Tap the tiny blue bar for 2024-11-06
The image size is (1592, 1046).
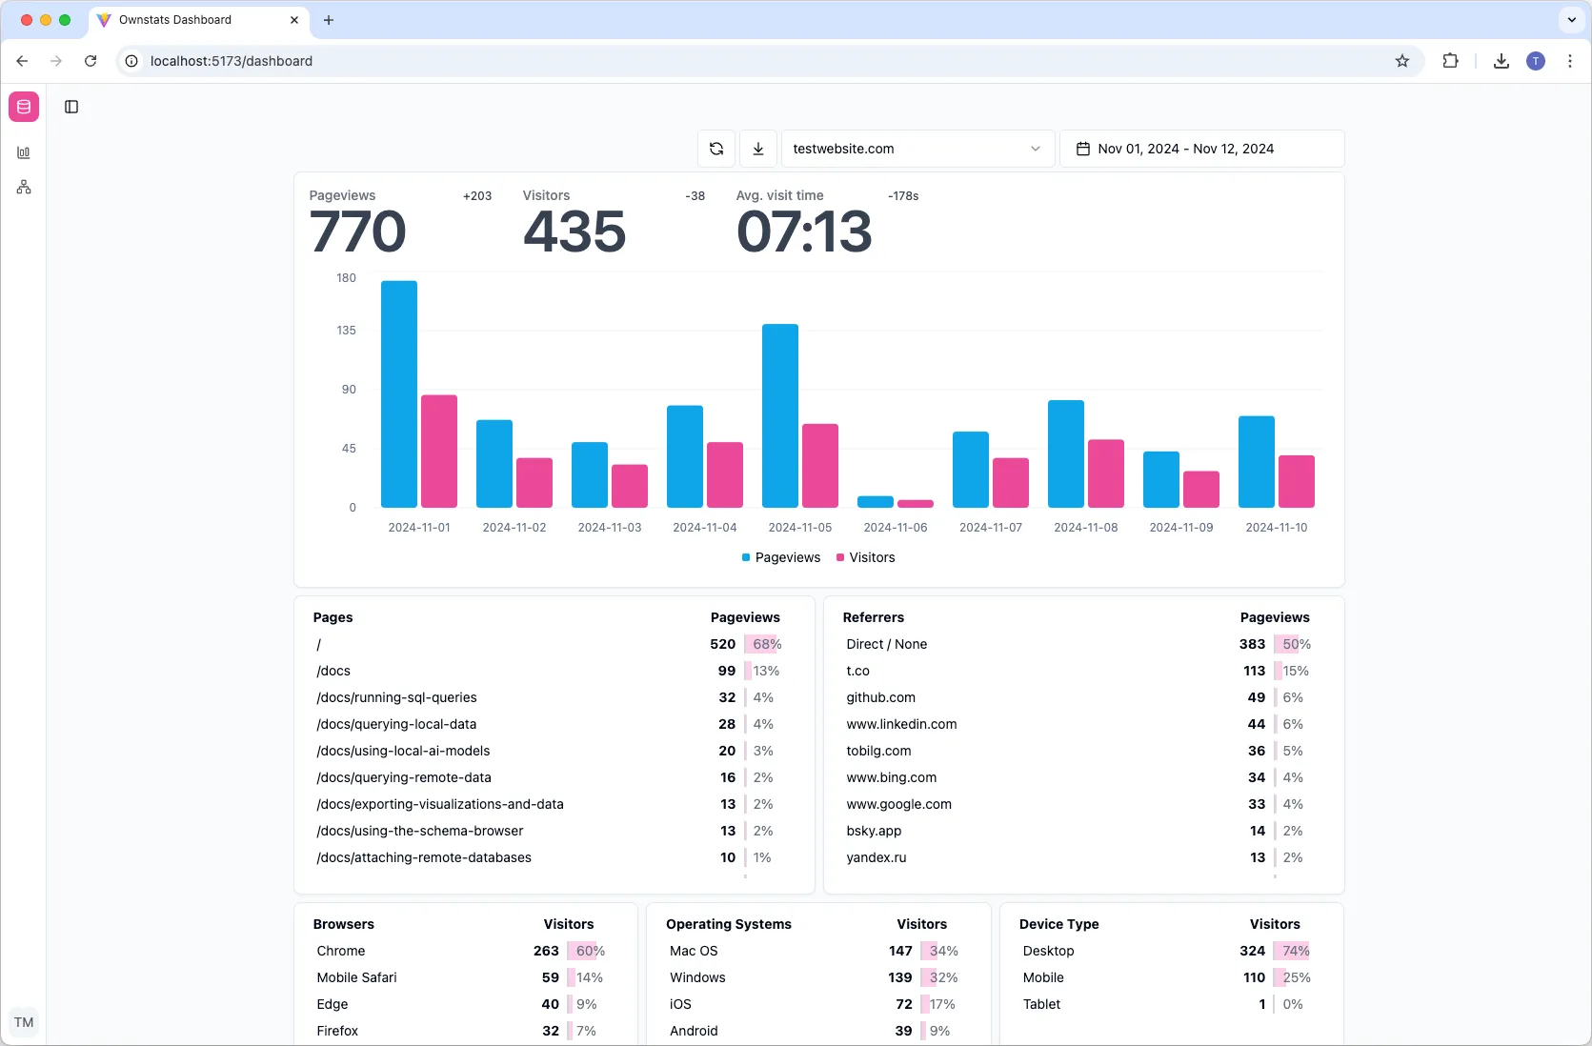875,501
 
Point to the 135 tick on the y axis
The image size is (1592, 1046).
346,331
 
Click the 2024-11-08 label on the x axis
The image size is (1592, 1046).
1085,527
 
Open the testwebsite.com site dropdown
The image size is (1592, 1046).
917,149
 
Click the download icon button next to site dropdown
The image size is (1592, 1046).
758,149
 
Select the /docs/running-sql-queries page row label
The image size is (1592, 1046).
396,697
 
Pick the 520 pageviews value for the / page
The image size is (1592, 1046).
722,644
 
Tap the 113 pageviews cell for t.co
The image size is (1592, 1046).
1254,671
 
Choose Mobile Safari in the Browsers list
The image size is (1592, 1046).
356,977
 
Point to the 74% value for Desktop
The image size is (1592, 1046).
1296,951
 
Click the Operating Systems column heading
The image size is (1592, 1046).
728,924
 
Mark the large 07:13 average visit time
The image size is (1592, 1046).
803,232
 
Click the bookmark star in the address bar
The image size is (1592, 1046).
1401,61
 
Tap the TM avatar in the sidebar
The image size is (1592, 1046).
24,1022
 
